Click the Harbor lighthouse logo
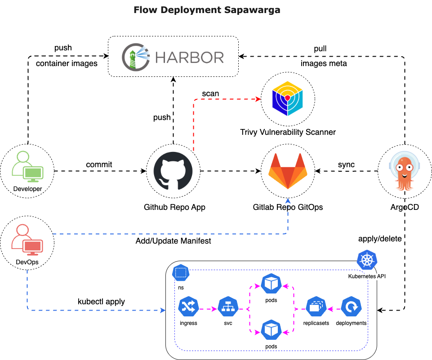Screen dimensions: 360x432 tap(136, 57)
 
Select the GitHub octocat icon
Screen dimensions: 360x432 tap(173, 171)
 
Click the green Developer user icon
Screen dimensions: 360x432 tap(27, 166)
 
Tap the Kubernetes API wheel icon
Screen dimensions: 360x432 tap(366, 261)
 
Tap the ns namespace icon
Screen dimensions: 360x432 tap(180, 273)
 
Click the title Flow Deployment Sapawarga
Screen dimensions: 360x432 tap(207, 10)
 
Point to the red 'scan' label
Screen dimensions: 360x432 tap(210, 93)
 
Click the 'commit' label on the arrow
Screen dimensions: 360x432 tap(99, 164)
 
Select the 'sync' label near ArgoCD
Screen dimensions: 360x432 tap(346, 164)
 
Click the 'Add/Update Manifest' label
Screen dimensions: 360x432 tap(173, 241)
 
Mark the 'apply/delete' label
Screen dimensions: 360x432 tap(380, 238)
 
